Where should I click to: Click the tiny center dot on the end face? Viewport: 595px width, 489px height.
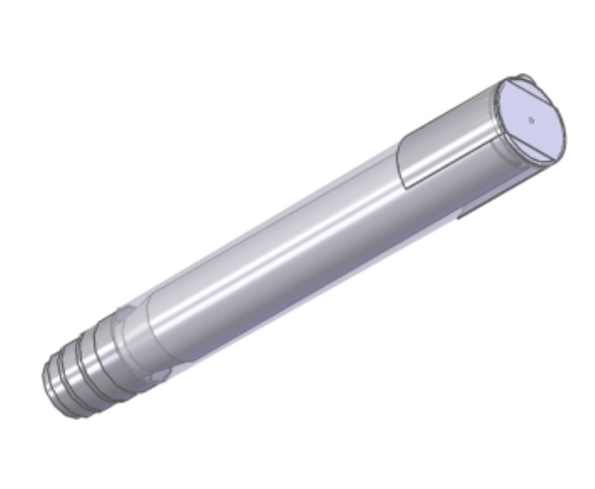pyautogui.click(x=531, y=121)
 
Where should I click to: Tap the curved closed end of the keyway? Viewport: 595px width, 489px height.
pyautogui.click(x=403, y=165)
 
